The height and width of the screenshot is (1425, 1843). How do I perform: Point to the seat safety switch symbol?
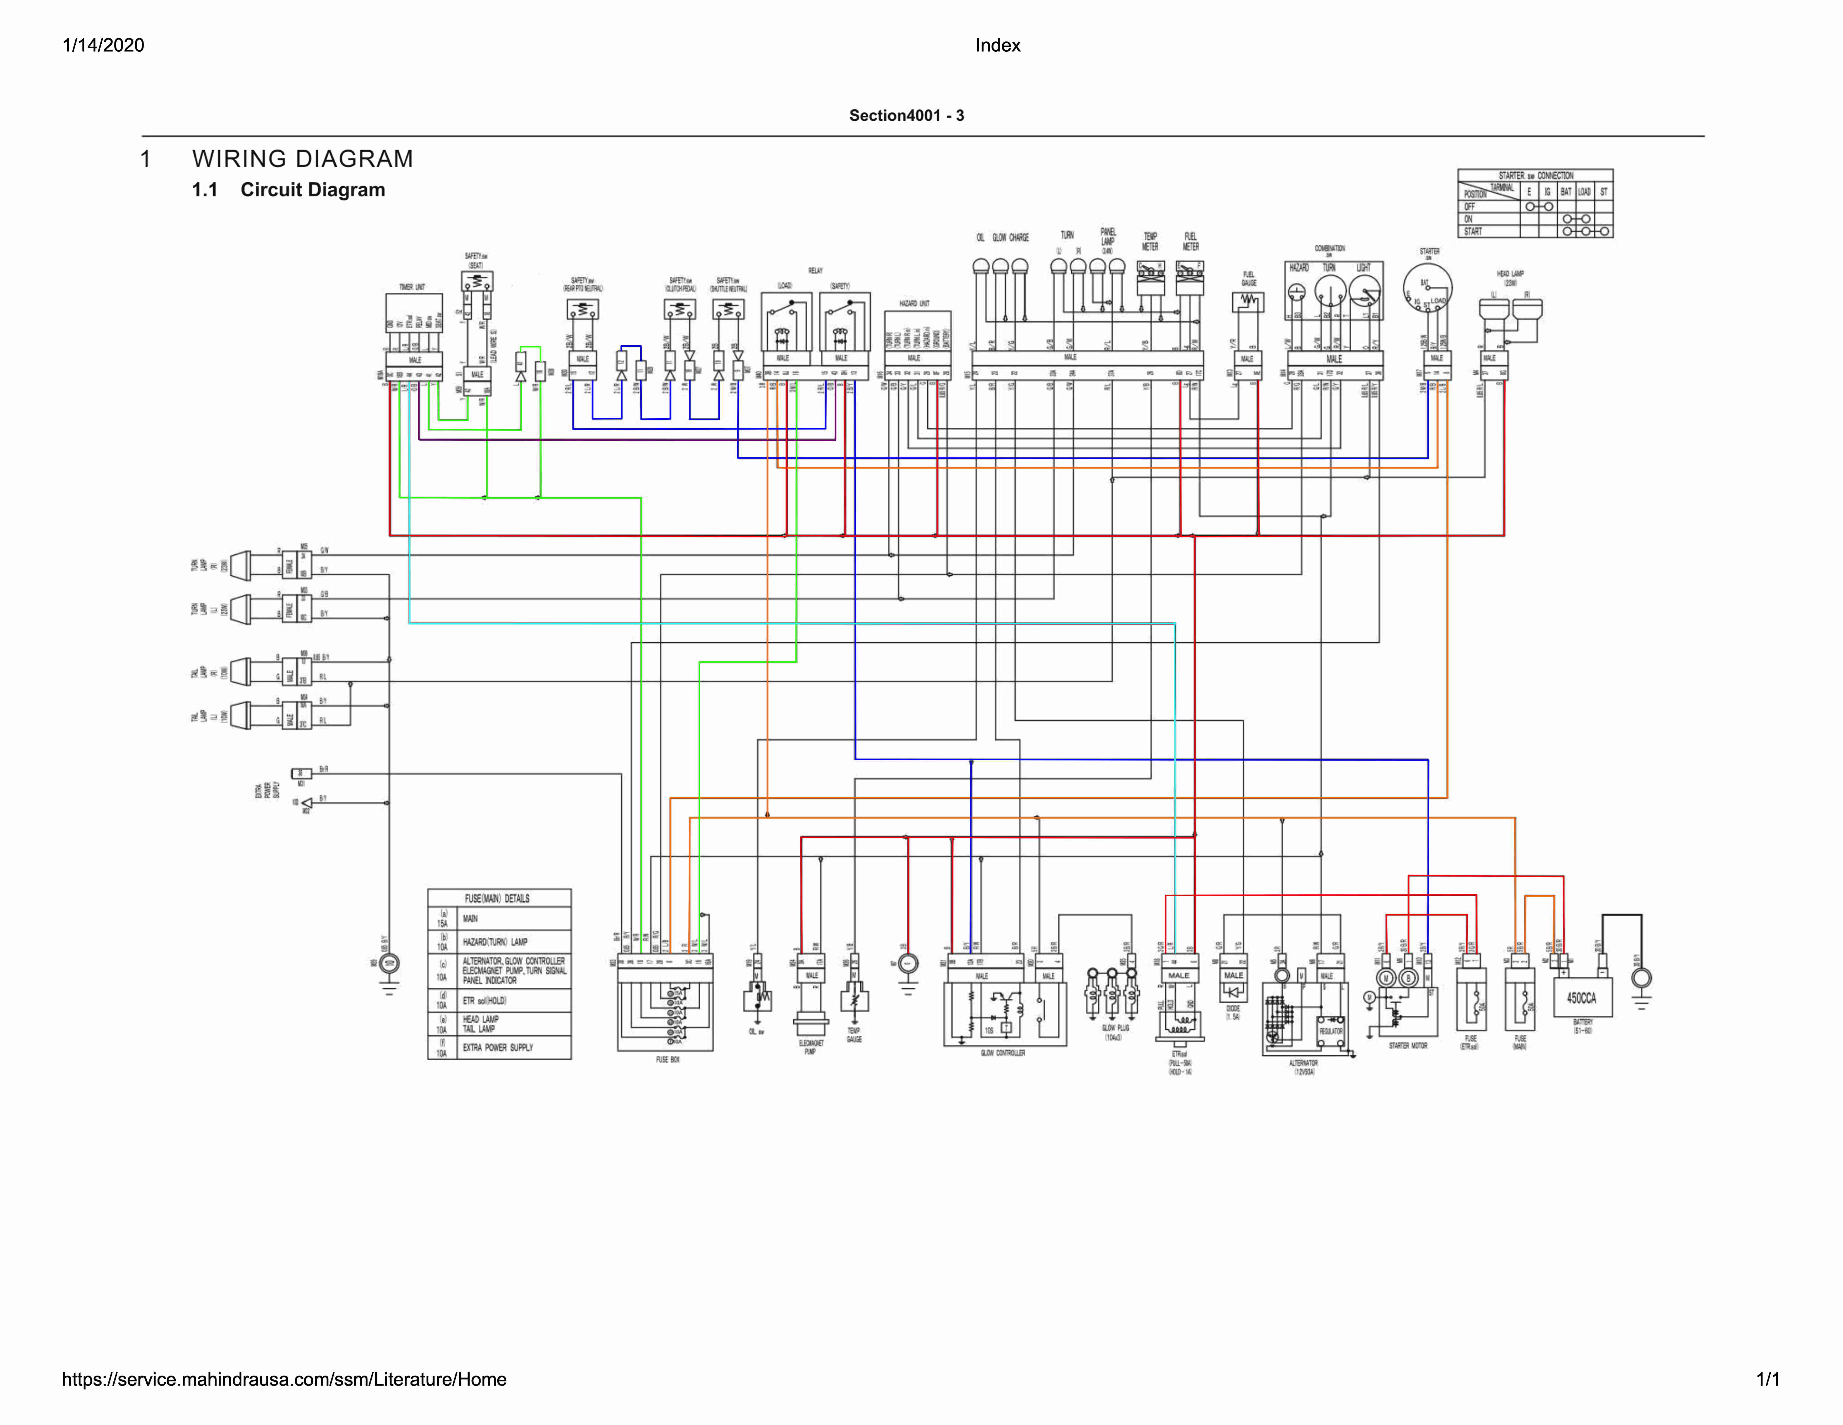[x=477, y=281]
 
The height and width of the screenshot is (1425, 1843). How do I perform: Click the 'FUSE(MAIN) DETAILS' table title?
[x=498, y=898]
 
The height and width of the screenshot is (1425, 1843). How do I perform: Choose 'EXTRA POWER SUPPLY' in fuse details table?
[x=498, y=1048]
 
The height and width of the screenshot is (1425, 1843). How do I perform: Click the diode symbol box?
[x=1234, y=992]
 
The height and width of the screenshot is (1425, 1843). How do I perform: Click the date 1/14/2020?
[x=103, y=46]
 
